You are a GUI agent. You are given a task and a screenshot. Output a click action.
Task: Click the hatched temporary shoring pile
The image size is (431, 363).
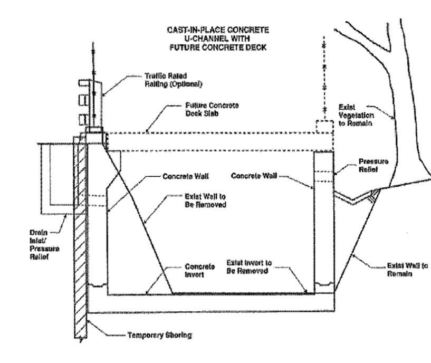click(79, 237)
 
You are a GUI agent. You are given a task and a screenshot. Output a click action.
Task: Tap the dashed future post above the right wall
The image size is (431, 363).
click(324, 128)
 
